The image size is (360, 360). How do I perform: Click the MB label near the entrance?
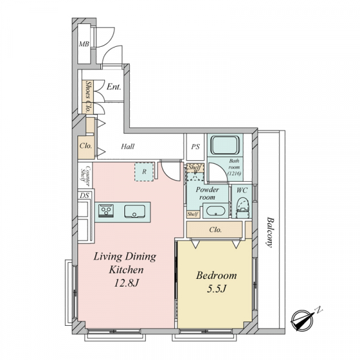[x=84, y=44]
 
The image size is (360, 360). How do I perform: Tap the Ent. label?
[x=114, y=87]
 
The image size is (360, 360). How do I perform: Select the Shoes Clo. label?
[x=88, y=96]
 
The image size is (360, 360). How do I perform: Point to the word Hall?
[x=128, y=146]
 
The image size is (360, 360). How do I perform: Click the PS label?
[x=196, y=146]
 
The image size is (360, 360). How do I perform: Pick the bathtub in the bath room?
[x=225, y=145]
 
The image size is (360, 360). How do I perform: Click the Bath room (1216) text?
[x=234, y=167]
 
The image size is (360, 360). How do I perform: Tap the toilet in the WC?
[x=242, y=208]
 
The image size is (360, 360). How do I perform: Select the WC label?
[x=242, y=190]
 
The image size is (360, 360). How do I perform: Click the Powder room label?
[x=207, y=193]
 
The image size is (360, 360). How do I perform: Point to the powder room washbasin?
[x=215, y=211]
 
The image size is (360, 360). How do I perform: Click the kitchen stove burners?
[x=106, y=211]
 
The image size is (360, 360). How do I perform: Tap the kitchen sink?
[x=134, y=211]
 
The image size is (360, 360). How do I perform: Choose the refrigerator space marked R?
[x=144, y=172]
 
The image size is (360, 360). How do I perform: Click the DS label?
[x=84, y=196]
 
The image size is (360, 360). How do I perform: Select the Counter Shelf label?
[x=85, y=176]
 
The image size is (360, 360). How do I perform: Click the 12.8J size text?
[x=126, y=284]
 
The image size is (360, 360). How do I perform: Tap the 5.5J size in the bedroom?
[x=216, y=289]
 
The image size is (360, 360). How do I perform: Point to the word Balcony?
[x=270, y=232]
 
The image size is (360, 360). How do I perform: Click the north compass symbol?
[x=301, y=319]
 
